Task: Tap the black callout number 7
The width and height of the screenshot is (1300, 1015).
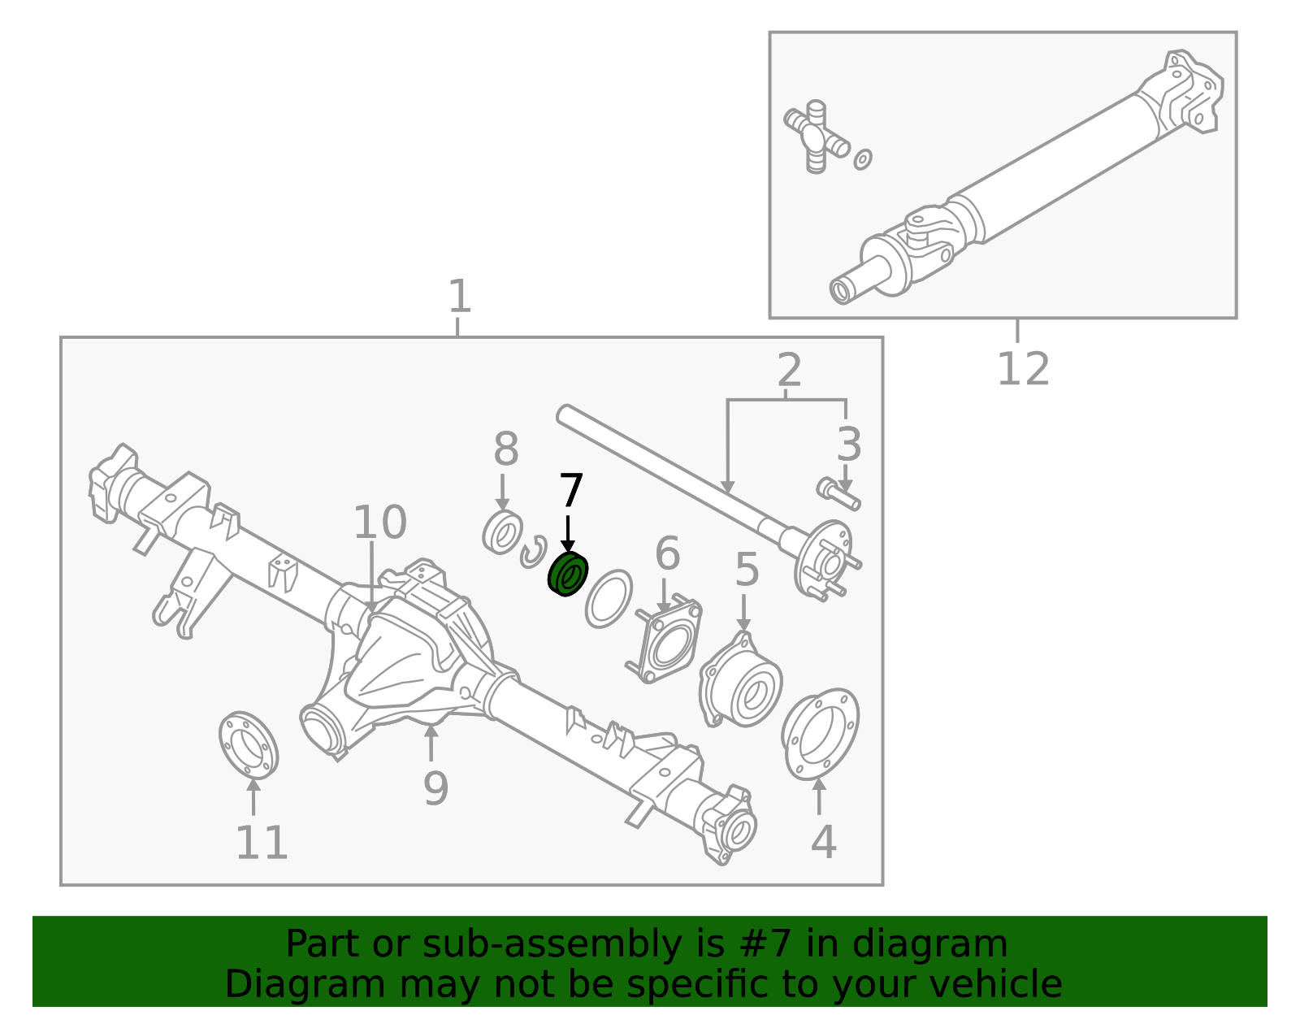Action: [x=571, y=492]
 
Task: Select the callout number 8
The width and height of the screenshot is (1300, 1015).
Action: [x=505, y=449]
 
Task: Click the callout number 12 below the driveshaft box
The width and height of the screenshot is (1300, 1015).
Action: [x=1023, y=370]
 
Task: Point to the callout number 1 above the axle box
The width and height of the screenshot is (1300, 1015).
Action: [x=459, y=297]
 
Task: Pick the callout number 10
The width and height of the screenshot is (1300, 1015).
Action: [x=379, y=523]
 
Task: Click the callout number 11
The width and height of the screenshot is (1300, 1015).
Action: [x=262, y=843]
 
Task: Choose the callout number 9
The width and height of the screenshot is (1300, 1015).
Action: [x=435, y=787]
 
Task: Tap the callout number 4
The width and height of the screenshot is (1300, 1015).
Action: [x=823, y=842]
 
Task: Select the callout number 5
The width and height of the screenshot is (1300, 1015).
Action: [x=747, y=570]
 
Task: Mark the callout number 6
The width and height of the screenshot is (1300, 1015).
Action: [x=667, y=554]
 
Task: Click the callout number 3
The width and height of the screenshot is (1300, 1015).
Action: [x=849, y=445]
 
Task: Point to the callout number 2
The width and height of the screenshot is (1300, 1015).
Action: [x=789, y=371]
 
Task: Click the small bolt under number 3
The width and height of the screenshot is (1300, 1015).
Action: [x=837, y=492]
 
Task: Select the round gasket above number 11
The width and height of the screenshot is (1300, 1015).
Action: [x=249, y=744]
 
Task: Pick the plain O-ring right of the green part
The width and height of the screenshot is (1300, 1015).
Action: [x=609, y=598]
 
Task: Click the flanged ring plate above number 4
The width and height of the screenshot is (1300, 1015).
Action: [x=820, y=734]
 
